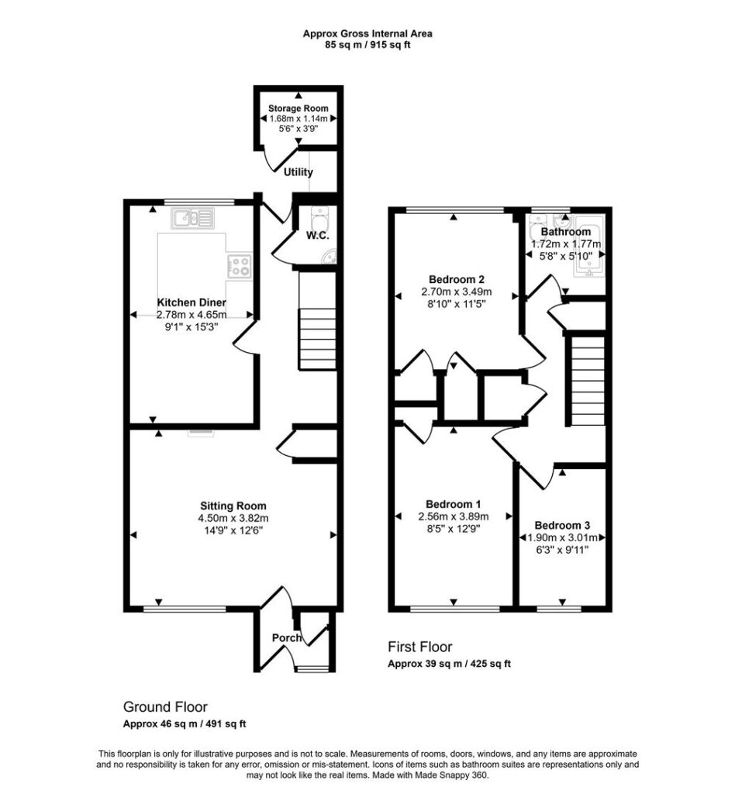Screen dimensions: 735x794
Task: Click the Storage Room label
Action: click(x=298, y=109)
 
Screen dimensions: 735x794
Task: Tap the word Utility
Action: click(x=298, y=172)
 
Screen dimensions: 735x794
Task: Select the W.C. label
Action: click(x=317, y=236)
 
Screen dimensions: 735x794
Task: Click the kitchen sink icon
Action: click(x=192, y=218)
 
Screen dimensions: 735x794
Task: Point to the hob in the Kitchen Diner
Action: click(x=240, y=265)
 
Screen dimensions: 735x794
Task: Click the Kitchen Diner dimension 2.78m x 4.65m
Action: click(x=192, y=315)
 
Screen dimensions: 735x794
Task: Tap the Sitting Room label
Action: click(x=233, y=506)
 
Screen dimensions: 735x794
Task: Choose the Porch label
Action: click(x=287, y=637)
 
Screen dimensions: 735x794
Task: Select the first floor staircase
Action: click(x=587, y=381)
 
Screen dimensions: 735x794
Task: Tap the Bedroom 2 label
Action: click(x=457, y=279)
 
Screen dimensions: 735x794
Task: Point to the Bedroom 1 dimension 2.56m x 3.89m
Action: click(x=454, y=516)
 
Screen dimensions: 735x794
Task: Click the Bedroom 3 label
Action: click(x=562, y=526)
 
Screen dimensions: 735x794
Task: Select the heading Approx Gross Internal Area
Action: click(x=367, y=34)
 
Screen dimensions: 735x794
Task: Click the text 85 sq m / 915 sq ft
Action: click(x=367, y=44)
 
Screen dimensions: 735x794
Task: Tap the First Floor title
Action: click(x=420, y=647)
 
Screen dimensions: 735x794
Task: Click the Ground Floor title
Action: click(x=165, y=707)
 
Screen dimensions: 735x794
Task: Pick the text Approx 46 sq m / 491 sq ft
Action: click(x=185, y=724)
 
